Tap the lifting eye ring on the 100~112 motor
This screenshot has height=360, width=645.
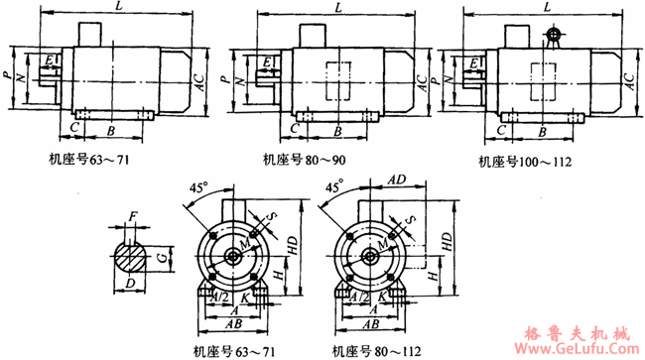(552, 36)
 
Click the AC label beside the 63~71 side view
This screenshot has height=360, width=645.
(199, 86)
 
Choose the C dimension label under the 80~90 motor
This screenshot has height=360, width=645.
(296, 130)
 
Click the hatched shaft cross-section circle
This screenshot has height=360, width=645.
(130, 256)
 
